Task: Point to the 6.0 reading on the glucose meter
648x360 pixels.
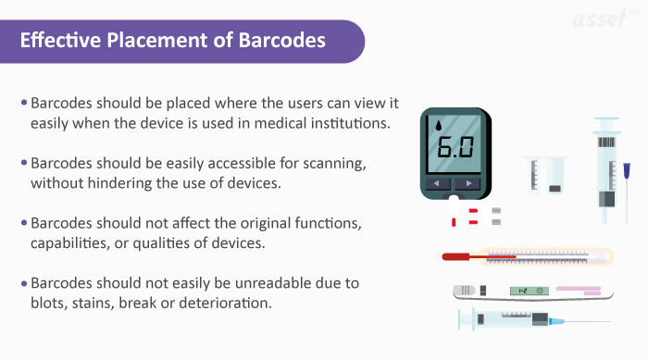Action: coord(454,146)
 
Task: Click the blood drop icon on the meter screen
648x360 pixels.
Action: coord(437,126)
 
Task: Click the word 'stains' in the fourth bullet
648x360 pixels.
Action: coord(123,302)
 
